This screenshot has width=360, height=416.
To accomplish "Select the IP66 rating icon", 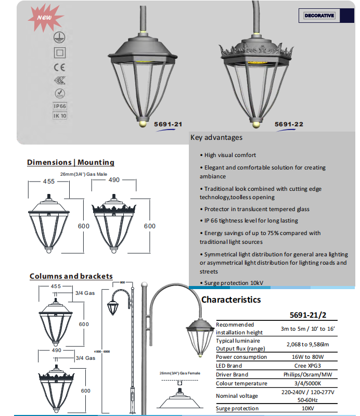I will click(60, 106).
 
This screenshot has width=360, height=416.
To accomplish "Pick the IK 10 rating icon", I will click(60, 115).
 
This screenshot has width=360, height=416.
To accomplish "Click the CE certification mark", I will click(60, 67).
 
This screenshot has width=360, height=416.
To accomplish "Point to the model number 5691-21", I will click(168, 124).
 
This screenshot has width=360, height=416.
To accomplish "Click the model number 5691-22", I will click(289, 124).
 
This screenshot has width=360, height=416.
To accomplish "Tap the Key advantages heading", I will click(216, 138).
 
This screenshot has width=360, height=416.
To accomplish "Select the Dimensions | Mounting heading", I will click(71, 163).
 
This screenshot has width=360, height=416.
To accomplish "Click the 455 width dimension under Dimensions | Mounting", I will click(49, 180).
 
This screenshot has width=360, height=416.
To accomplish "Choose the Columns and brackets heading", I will click(71, 276).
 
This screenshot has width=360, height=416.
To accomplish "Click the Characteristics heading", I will click(231, 300).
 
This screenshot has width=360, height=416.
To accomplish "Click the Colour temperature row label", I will click(241, 383).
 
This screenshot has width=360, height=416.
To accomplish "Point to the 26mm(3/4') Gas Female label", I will click(179, 373).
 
